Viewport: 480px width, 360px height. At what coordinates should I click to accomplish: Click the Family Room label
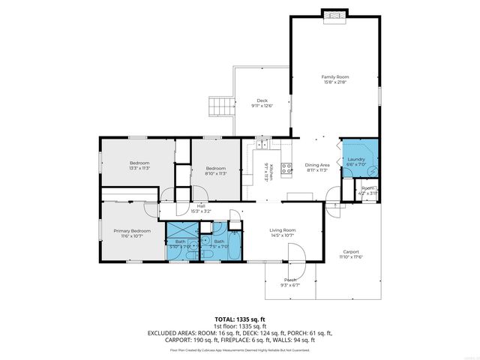click(x=335, y=76)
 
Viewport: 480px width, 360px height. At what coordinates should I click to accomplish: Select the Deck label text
click(x=262, y=100)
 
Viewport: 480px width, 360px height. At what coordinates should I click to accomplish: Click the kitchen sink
click(x=261, y=145)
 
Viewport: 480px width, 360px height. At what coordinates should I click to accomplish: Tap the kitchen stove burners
click(x=286, y=168)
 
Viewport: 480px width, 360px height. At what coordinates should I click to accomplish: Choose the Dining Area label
click(x=317, y=164)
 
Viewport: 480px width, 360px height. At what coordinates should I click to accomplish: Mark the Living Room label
click(x=283, y=230)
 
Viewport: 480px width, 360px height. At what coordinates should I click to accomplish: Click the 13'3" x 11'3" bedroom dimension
click(x=139, y=169)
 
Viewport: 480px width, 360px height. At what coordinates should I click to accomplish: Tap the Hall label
click(x=201, y=206)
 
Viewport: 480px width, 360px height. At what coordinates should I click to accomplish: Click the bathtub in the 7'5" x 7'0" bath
click(x=229, y=255)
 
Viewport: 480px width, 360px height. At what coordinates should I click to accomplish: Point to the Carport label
click(x=350, y=251)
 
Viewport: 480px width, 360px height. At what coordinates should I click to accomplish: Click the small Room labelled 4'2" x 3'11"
click(x=367, y=190)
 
